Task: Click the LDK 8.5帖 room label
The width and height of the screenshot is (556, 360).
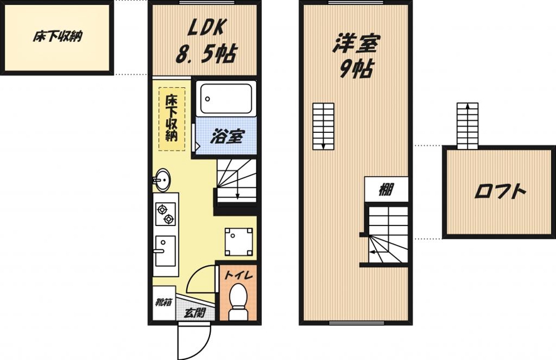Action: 205,41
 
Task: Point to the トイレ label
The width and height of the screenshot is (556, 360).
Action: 239,275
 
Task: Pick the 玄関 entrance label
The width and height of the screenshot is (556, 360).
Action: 195,313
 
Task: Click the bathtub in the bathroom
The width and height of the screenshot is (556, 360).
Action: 226,99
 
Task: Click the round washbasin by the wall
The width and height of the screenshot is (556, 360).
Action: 162,179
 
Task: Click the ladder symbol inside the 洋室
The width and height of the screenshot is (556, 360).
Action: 323,127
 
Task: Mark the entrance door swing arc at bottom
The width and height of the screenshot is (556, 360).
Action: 195,344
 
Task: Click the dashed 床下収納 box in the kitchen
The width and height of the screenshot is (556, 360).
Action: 171,118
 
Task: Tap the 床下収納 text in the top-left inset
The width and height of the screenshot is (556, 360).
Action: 56,38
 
